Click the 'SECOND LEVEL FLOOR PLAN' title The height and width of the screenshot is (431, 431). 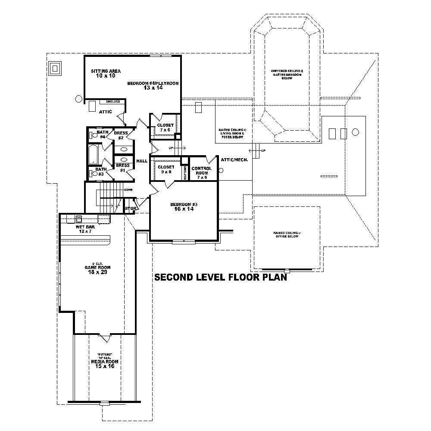tap(221, 277)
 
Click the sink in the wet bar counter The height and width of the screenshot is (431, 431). tap(79, 218)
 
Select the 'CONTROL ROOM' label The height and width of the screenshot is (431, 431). tap(201, 170)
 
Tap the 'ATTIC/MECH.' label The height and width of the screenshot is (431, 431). tap(234, 159)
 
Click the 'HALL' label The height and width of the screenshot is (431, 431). tap(142, 161)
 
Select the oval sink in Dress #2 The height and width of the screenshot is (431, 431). tap(124, 149)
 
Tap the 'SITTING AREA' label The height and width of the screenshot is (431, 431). tap(106, 71)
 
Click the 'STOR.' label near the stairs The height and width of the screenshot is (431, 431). tap(131, 209)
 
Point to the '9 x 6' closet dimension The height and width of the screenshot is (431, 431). tap(165, 172)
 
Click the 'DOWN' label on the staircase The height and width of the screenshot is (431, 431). tap(128, 190)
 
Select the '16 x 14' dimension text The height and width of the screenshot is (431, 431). tap(184, 209)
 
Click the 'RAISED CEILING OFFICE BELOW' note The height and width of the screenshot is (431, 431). tap(287, 234)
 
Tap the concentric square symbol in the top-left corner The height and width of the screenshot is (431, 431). tap(55, 68)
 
